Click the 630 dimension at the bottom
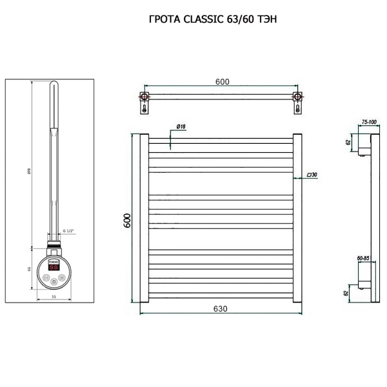coord(220,309)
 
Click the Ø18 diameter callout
coord(180,127)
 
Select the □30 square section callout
coord(312,175)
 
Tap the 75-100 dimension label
coord(369,121)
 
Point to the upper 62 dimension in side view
coord(348,143)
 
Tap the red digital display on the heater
coord(54,266)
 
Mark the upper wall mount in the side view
coord(364,145)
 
